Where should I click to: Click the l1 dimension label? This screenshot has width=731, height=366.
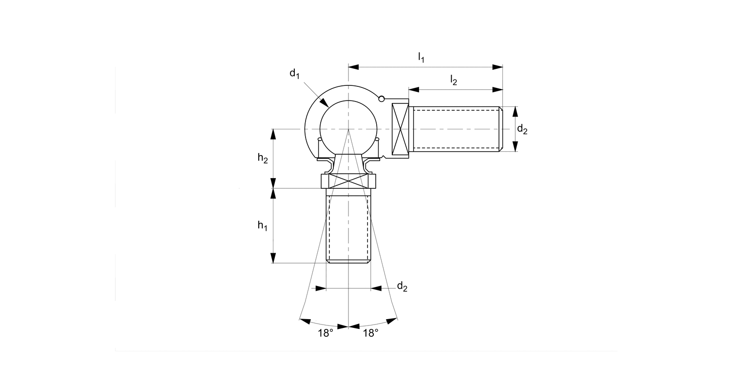point(421,58)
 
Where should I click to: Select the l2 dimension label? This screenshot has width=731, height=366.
point(453,80)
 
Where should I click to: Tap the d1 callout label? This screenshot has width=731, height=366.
point(294,74)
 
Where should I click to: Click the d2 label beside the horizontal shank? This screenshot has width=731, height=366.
point(522,129)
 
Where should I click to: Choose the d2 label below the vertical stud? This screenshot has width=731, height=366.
point(402,286)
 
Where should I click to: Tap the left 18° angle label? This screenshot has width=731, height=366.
point(326,333)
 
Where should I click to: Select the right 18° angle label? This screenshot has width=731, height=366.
point(370,333)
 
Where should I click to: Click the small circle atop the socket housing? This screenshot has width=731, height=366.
point(382,99)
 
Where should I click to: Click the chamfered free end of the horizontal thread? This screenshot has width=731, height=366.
point(500,129)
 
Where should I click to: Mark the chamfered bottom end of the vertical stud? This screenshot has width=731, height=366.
point(348,262)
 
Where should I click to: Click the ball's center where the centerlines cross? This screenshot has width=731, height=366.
point(348,129)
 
